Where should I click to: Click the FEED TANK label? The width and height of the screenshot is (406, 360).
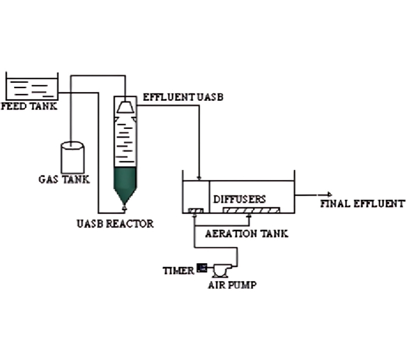(x=29, y=106)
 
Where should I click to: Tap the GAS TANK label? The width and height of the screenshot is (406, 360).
(x=64, y=179)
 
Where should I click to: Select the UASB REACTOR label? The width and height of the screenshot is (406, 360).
(x=115, y=224)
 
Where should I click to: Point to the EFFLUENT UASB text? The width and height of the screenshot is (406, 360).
(x=183, y=97)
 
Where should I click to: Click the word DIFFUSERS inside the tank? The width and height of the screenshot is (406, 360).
(x=240, y=199)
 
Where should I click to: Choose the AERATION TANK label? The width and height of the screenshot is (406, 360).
(x=247, y=234)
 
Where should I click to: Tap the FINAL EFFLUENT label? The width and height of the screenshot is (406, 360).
(x=362, y=204)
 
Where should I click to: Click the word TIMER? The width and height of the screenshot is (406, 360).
(x=178, y=271)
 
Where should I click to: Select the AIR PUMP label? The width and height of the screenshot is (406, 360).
(x=232, y=285)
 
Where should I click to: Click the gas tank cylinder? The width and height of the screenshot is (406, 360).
(x=73, y=157)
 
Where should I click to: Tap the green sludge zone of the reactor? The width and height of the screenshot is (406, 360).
(x=125, y=182)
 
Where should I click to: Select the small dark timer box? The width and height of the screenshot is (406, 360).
(x=202, y=268)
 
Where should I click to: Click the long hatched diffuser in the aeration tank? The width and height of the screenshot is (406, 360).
(x=251, y=210)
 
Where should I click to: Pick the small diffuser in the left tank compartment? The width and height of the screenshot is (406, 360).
(x=196, y=210)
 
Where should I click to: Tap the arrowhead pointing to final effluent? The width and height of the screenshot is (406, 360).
(x=330, y=195)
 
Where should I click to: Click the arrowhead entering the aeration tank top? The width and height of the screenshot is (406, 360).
(x=199, y=178)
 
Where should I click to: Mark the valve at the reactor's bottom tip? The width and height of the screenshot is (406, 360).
(x=125, y=208)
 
